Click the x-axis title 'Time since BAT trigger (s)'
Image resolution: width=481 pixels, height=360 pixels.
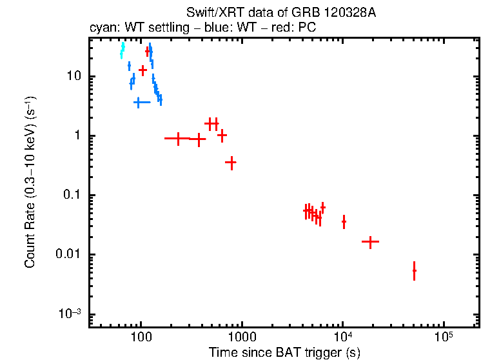pyautogui.click(x=284, y=352)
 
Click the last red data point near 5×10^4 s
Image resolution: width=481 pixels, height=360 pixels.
pyautogui.click(x=414, y=271)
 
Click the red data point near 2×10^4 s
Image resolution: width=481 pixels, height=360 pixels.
pyautogui.click(x=370, y=242)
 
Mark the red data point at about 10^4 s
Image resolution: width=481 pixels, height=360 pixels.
pyautogui.click(x=344, y=222)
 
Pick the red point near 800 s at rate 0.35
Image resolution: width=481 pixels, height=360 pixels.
pyautogui.click(x=231, y=163)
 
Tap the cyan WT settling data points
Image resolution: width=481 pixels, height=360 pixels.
pyautogui.click(x=122, y=50)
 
